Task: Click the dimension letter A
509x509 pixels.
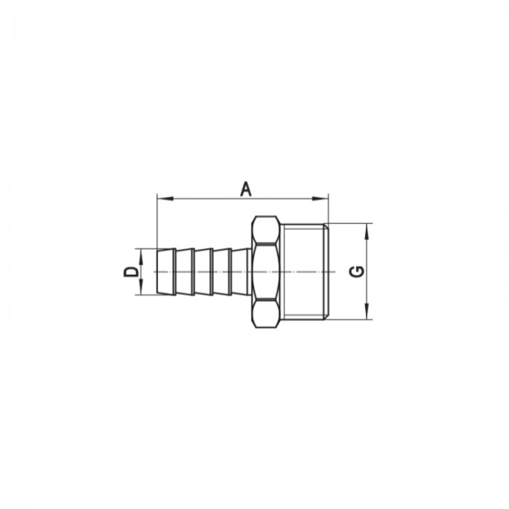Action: coord(246,189)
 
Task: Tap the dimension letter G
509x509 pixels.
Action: coord(357,271)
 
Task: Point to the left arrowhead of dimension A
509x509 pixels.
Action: coord(161,197)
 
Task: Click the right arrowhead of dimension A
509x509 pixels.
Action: coord(324,197)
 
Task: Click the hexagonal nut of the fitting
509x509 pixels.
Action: coord(266,271)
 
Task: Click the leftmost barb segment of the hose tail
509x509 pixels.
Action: coord(167,271)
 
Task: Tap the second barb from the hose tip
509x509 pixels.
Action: coord(185,271)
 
